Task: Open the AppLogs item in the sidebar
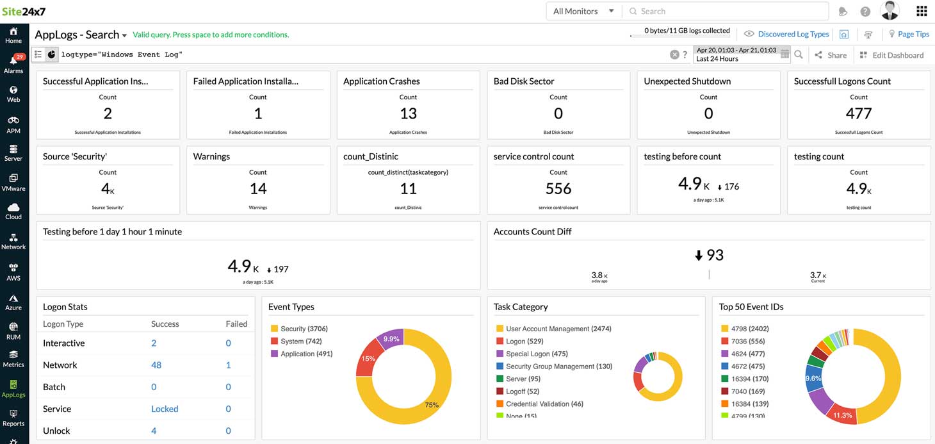tap(13, 388)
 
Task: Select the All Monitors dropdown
tap(583, 11)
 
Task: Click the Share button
tap(831, 55)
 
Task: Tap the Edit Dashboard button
tap(891, 55)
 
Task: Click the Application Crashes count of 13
tap(408, 113)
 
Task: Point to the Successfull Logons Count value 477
tap(858, 113)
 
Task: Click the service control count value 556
tap(558, 188)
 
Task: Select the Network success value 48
tap(156, 365)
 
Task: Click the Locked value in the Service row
tap(165, 409)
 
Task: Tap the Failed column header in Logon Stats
tap(236, 324)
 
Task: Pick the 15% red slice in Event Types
tap(368, 358)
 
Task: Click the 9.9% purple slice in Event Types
tap(392, 339)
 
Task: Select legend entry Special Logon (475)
tap(536, 354)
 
